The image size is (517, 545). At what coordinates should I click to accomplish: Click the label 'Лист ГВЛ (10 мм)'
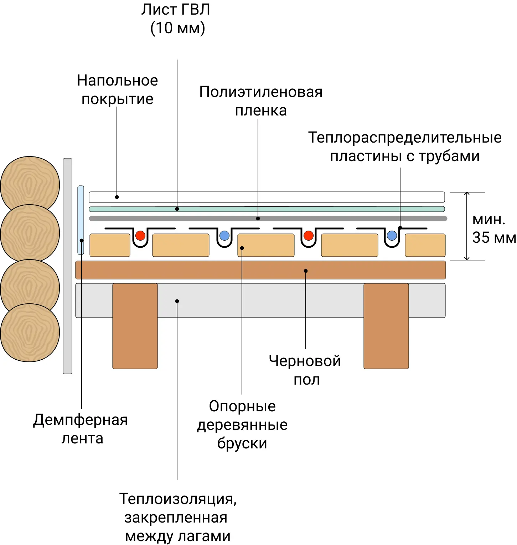coord(176,19)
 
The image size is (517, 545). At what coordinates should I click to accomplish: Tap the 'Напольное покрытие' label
coord(117,89)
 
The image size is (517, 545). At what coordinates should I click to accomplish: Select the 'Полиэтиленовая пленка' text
coord(260,101)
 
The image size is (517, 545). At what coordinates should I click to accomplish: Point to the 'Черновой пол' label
coord(305,370)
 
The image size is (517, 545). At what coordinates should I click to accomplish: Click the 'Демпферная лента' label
coord(81,429)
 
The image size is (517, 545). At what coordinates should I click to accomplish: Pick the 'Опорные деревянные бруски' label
coord(242,425)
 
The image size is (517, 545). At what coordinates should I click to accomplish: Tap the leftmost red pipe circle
coord(140,235)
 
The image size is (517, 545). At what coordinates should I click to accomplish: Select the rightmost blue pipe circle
coord(392,235)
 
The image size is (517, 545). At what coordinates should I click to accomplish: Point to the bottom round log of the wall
coord(30,333)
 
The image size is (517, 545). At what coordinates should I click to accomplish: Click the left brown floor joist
coord(135,326)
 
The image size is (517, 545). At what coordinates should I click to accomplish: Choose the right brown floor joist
coord(386,326)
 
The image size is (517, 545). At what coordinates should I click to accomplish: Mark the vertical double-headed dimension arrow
coord(467,226)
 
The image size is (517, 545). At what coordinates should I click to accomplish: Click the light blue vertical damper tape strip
coord(81,220)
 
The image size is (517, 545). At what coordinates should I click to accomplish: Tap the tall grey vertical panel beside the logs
coord(67,266)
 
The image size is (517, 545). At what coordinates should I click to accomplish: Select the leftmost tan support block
coord(110,245)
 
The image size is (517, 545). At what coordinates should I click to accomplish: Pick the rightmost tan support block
coord(425,245)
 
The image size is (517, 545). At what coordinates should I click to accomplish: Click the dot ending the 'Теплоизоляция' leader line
coord(177,301)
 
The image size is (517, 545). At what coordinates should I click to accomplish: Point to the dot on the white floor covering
coord(117,197)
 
